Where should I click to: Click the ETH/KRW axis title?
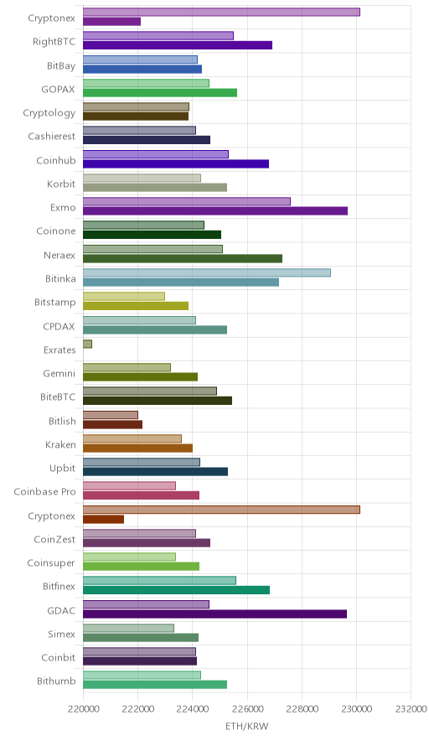(246, 726)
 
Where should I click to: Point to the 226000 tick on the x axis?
(246, 709)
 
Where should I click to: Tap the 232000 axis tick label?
(411, 709)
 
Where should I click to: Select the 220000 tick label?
(83, 709)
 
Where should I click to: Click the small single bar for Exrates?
(87, 344)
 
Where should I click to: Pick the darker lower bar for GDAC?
(215, 614)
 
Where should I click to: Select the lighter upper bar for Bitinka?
(207, 272)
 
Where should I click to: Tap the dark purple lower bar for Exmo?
(215, 210)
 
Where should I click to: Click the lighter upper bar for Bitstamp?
(124, 296)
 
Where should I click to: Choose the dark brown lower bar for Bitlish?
(112, 424)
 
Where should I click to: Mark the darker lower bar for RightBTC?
(178, 45)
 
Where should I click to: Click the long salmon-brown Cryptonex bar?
(221, 510)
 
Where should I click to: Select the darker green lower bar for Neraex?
(183, 258)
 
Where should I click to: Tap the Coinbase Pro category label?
(44, 491)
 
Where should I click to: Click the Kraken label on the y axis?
(60, 444)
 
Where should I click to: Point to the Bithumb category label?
(56, 681)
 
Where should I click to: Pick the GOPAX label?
(58, 89)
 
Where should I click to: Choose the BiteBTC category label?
(58, 397)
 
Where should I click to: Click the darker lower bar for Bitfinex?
(176, 590)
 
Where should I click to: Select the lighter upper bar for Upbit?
(142, 462)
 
